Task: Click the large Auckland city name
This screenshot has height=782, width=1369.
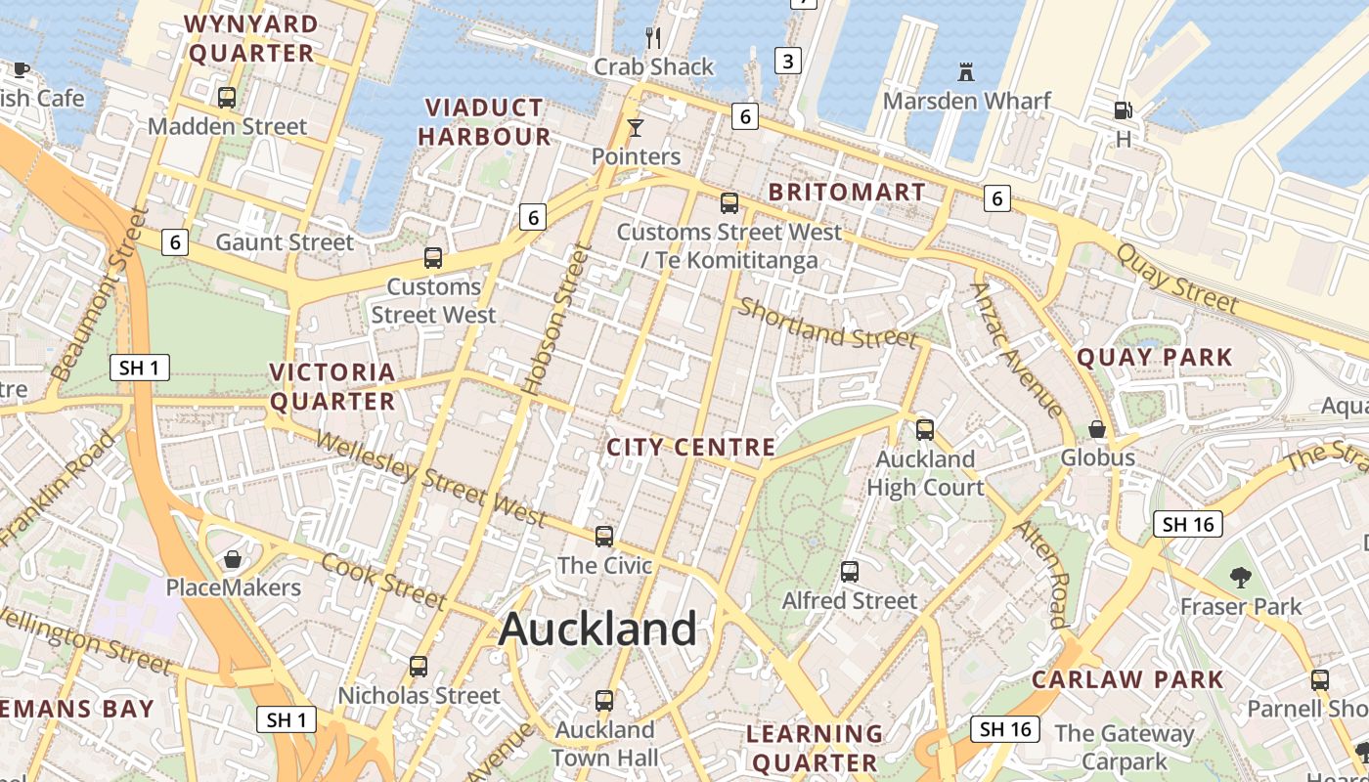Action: (x=597, y=629)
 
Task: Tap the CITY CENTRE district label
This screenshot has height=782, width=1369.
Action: (x=690, y=448)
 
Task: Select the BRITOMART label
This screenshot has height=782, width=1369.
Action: (x=847, y=193)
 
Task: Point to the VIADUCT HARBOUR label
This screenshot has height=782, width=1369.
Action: (x=485, y=122)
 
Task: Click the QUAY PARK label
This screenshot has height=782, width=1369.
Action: (x=1155, y=358)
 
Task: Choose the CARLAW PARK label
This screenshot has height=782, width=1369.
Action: (x=1127, y=679)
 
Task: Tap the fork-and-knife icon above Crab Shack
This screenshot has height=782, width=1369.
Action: (x=654, y=38)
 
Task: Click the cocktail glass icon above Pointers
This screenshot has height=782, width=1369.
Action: (x=636, y=128)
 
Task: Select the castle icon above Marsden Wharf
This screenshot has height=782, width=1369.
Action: (x=966, y=71)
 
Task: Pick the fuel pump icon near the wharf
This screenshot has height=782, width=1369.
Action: (x=1124, y=110)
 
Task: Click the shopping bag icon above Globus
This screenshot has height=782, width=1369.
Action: (x=1097, y=429)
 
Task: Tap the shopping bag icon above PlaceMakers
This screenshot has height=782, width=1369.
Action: (x=233, y=559)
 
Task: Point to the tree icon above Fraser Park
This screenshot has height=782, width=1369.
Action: (x=1241, y=578)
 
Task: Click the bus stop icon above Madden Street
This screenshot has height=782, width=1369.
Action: (x=227, y=97)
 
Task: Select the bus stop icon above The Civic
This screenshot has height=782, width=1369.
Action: (x=604, y=536)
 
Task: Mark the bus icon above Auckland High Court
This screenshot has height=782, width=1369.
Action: (x=924, y=429)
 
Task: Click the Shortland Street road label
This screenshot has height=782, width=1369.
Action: (x=827, y=324)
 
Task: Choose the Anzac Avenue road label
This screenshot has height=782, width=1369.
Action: (x=1016, y=350)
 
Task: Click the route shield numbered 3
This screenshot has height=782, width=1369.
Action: (x=787, y=61)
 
